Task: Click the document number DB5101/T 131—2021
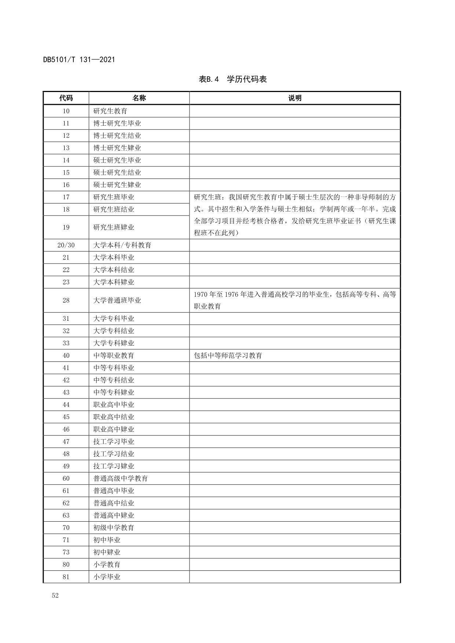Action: point(79,59)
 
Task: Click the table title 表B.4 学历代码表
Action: point(232,79)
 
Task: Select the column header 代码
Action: point(66,98)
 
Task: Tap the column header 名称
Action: point(139,98)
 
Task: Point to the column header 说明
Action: point(295,98)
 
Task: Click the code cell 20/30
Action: point(66,245)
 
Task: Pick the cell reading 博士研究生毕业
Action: point(117,124)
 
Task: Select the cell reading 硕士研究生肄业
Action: point(117,185)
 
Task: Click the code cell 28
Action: point(66,300)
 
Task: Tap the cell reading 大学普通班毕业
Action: point(117,300)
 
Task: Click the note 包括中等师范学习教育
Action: point(228,356)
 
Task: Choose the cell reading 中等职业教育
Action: point(114,356)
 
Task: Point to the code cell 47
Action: point(66,442)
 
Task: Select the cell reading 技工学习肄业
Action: point(114,466)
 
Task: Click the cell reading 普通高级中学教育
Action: point(120,478)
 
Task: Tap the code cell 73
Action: point(66,552)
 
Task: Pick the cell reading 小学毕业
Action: point(107,577)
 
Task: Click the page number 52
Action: point(55,595)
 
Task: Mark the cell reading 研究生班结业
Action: point(114,209)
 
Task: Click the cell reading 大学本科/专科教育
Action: point(122,245)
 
